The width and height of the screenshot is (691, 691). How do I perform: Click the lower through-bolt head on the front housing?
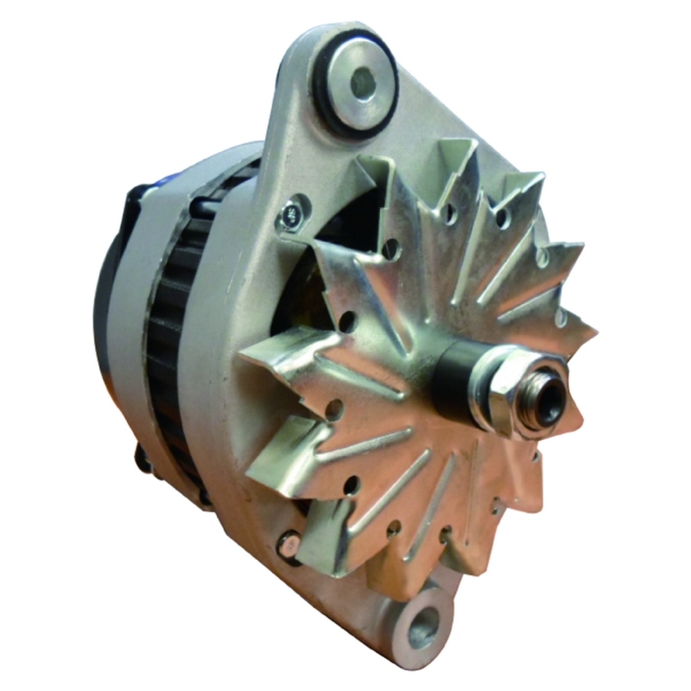(x=288, y=547)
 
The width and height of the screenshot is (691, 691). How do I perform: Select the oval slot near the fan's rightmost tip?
(x=561, y=318)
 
